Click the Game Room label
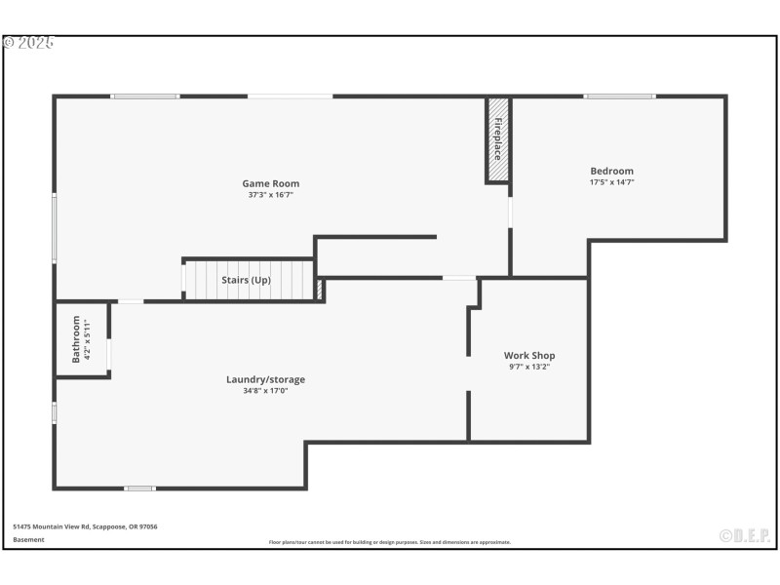270,183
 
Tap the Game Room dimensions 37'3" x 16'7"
270,195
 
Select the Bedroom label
611,171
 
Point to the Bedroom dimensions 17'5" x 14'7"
611,182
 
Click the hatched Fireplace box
497,139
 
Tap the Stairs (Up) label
246,281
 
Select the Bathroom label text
76,338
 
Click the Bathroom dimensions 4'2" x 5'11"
88,338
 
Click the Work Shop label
529,355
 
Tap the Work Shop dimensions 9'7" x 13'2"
529,367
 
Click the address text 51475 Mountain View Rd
85,526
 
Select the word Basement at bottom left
28,539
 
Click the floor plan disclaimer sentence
390,542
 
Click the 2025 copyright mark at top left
28,43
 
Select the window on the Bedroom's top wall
619,97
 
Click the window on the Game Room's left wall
55,227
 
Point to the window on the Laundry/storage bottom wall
139,487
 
